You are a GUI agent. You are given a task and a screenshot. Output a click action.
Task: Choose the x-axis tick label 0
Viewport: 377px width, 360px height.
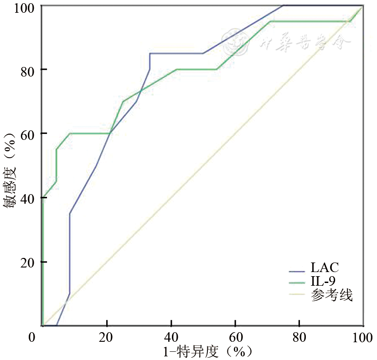point(31,338)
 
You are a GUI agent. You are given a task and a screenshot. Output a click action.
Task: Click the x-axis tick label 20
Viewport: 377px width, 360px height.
point(107,338)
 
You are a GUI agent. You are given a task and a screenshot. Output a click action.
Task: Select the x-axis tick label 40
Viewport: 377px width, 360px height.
point(171,338)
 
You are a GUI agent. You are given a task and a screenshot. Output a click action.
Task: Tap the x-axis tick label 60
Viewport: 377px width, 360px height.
point(235,338)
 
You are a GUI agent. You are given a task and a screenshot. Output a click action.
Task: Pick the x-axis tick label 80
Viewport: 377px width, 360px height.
point(299,338)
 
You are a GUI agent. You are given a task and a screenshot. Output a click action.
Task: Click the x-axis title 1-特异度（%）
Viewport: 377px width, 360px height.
point(207,352)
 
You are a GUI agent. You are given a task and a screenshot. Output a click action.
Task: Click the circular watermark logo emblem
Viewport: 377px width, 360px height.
point(233,42)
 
